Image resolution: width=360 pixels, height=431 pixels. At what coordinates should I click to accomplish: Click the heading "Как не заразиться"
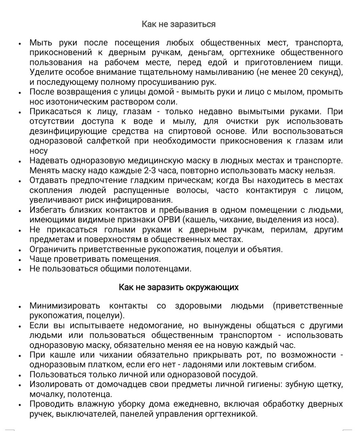[x=179, y=24]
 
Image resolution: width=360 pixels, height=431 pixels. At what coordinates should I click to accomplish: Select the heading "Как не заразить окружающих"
[x=179, y=287]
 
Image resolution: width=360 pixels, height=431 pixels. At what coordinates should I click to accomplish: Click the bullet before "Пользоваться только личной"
[x=20, y=375]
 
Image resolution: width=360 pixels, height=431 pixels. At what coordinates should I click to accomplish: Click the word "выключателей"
[x=86, y=414]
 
